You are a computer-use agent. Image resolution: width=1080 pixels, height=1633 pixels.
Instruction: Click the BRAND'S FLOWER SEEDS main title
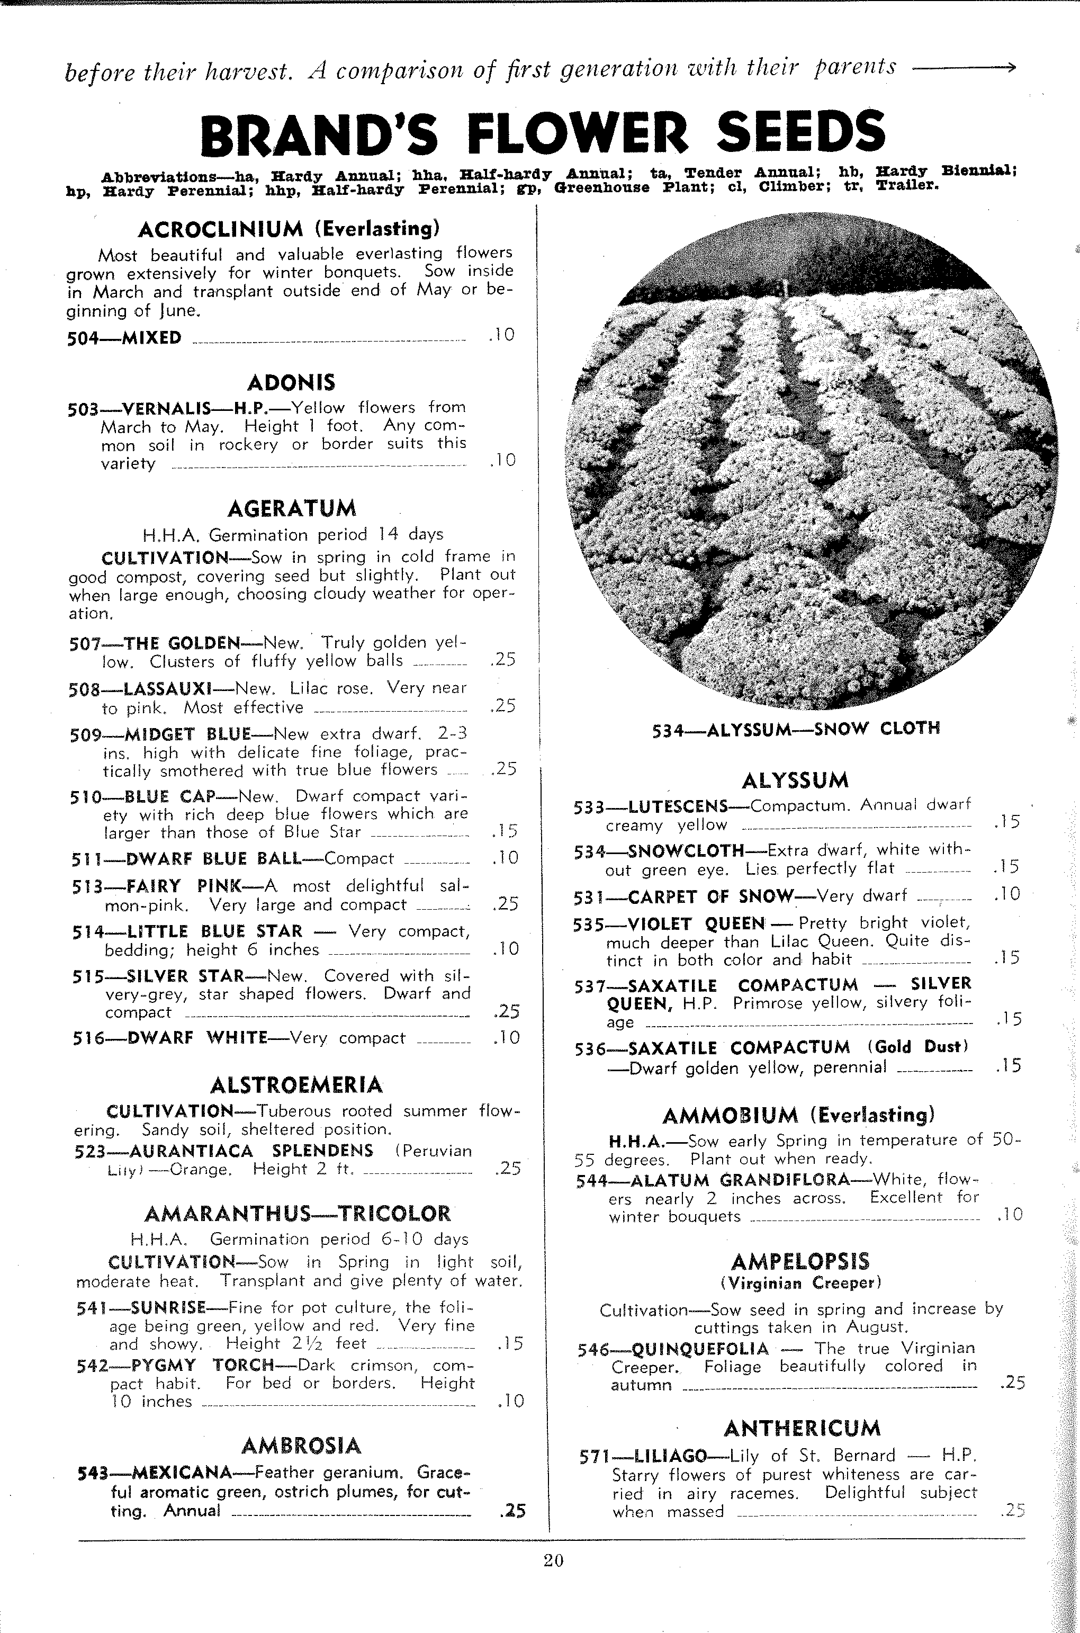[543, 133]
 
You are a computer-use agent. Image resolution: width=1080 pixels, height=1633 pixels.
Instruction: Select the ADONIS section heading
[291, 382]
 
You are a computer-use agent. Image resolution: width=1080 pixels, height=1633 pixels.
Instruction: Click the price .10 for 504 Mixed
[501, 335]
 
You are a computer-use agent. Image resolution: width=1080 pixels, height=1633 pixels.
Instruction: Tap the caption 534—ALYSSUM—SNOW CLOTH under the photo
[796, 729]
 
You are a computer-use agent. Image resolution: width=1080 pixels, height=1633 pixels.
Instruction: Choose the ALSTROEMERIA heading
[296, 1085]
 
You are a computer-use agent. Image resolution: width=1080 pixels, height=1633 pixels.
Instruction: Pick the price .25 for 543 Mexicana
[511, 1510]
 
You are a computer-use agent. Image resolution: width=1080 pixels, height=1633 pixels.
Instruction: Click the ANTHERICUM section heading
[802, 1429]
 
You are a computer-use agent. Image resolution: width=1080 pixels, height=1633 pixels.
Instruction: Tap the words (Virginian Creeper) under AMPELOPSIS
[801, 1283]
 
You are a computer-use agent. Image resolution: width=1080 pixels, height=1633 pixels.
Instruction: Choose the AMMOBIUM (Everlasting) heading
[798, 1115]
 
